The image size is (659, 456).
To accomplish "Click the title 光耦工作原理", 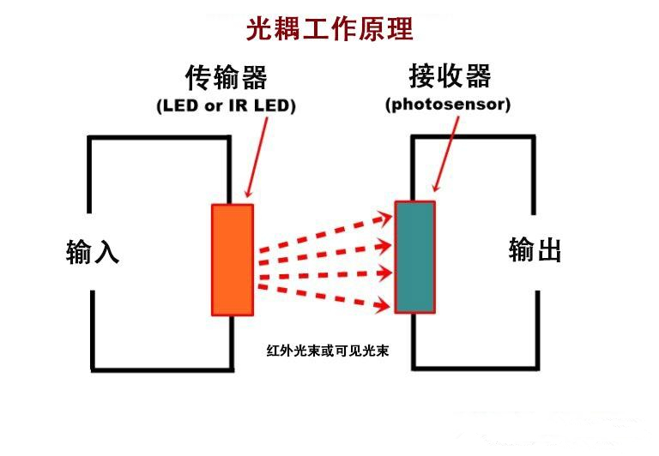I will coord(330,29).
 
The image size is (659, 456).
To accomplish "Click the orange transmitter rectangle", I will coord(233,260).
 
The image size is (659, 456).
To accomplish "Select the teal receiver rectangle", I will coord(415,257).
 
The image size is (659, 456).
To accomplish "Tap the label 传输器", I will coord(227,78).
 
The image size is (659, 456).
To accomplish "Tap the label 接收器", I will coord(450,76).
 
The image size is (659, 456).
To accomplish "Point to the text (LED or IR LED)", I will coord(226,106).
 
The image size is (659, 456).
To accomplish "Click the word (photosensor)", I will coord(448,105).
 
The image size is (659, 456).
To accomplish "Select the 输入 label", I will coord(93,252).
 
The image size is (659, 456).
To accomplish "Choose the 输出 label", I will coord(535,250).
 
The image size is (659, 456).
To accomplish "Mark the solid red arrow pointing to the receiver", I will coord(448,154).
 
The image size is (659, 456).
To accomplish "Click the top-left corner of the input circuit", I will coord(90,138).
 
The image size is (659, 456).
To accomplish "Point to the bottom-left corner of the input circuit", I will coord(93,369).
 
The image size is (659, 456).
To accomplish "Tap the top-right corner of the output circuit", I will coord(536,136).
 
